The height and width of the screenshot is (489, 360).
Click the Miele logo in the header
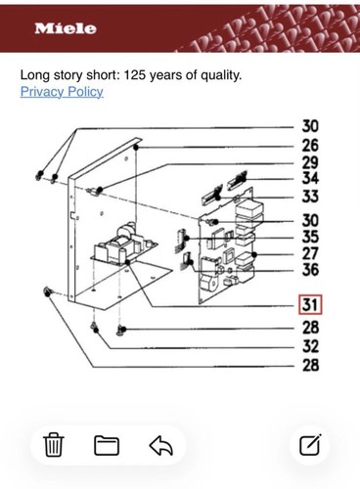pos(66,28)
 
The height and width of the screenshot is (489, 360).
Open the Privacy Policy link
pos(62,92)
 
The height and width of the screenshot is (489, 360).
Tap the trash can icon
pos(54,445)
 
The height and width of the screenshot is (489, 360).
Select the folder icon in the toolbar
pos(107,445)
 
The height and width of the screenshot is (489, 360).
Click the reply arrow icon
pos(161,445)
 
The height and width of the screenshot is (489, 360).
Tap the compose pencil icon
pos(310,445)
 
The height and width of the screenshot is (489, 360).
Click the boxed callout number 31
pos(310,305)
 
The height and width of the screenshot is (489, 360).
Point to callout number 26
pos(310,146)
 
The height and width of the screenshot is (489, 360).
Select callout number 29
pos(310,162)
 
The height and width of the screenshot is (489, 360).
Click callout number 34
pos(310,178)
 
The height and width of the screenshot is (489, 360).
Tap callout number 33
pos(310,197)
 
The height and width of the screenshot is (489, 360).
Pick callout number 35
pos(310,237)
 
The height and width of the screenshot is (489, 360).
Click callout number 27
pos(310,253)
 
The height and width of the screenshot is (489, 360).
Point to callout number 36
pos(310,270)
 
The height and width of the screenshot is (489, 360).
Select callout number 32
pos(310,346)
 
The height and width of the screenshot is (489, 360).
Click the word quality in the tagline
pos(221,75)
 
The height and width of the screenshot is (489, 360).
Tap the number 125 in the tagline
pos(135,75)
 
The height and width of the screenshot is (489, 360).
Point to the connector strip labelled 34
pos(238,179)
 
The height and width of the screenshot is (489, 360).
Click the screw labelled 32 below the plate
pos(95,328)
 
